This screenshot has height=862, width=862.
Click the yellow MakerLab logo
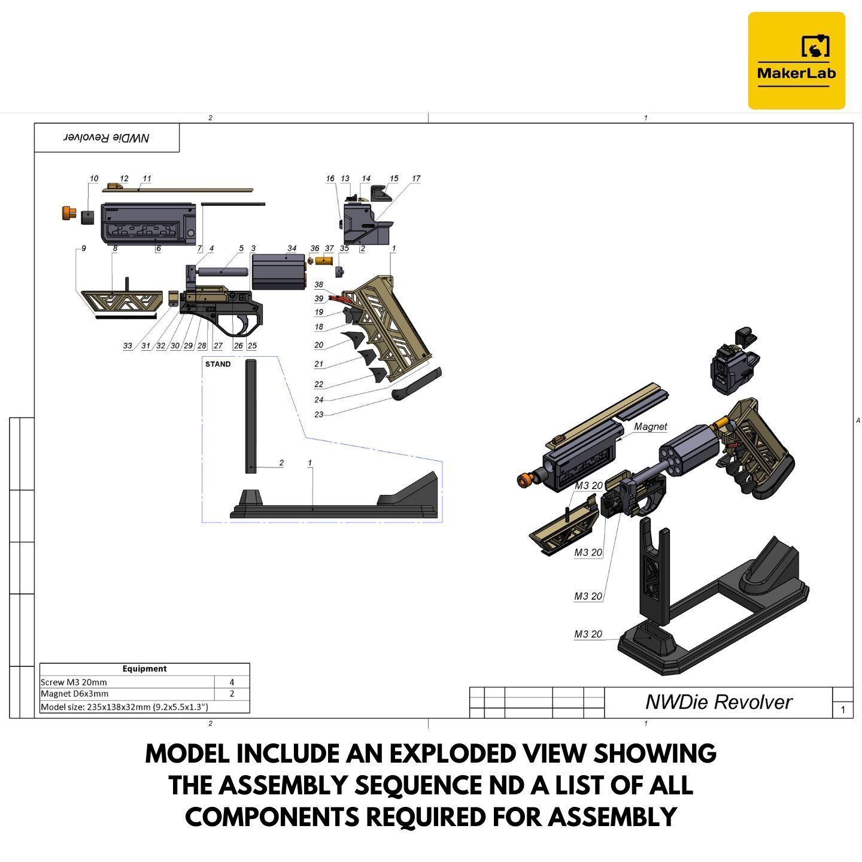[796, 60]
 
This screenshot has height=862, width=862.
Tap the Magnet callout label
[650, 427]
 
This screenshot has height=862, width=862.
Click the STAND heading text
[218, 364]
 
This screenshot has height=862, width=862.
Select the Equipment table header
[144, 668]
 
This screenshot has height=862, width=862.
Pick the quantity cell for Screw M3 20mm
[232, 682]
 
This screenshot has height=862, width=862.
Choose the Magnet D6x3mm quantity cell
[232, 694]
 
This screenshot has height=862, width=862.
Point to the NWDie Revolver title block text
[718, 702]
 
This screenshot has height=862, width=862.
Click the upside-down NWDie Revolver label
[107, 137]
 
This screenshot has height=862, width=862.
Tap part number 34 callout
[292, 248]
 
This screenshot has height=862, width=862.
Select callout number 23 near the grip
[318, 414]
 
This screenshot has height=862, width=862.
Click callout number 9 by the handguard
[83, 248]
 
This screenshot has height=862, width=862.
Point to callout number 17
[416, 178]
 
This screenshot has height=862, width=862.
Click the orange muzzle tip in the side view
[69, 213]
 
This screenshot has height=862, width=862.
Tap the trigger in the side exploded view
[245, 324]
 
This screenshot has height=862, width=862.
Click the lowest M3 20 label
[588, 634]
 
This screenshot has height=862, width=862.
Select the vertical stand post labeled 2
[250, 416]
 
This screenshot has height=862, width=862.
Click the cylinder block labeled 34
[278, 272]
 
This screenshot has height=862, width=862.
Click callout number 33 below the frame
[128, 346]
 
